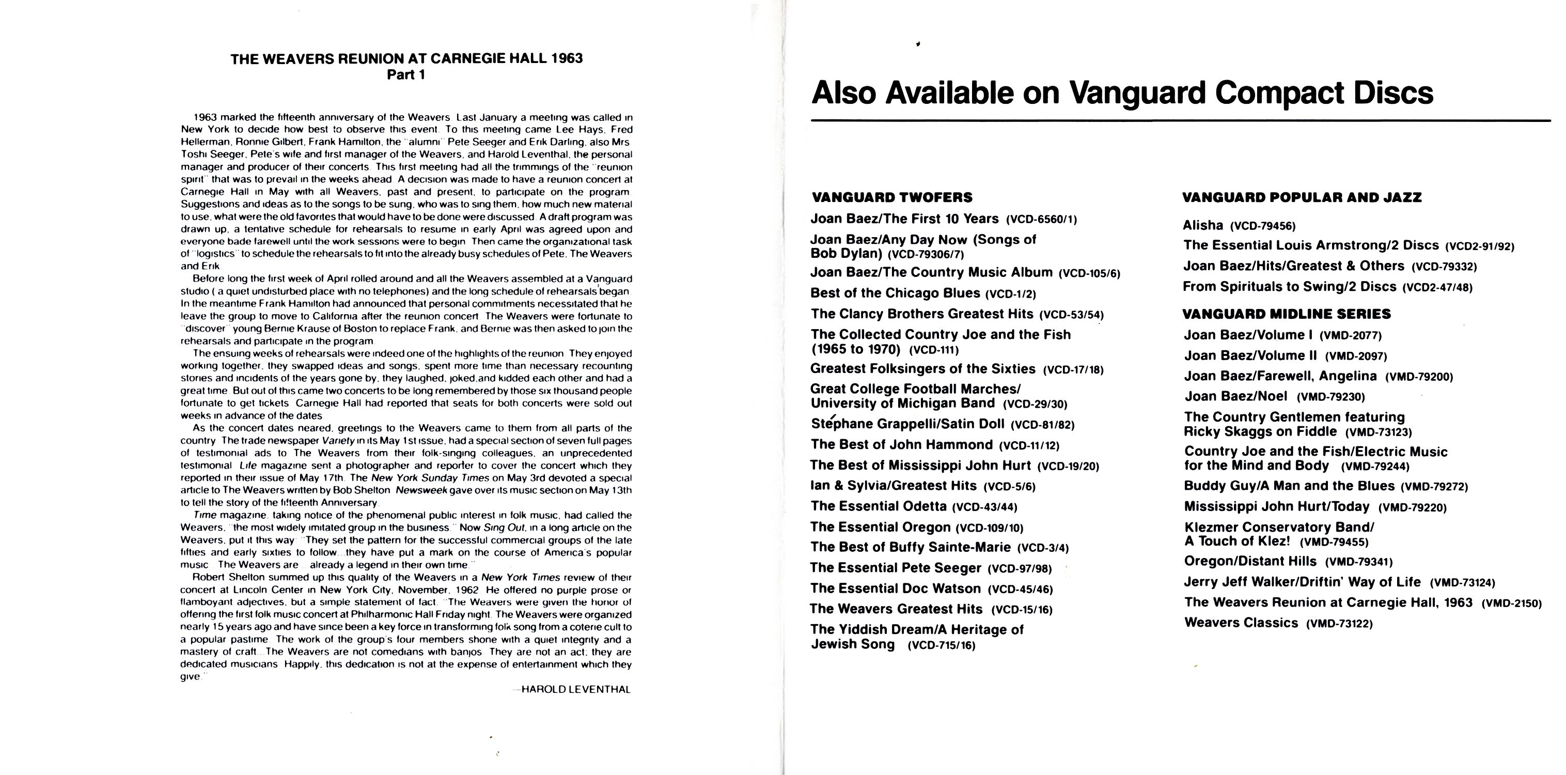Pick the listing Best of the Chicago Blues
[895, 293]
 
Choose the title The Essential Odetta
[878, 506]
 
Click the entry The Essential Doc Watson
[895, 588]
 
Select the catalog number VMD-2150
[1511, 604]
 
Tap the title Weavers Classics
[1241, 622]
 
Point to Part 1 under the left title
[406, 75]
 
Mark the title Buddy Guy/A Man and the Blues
[1289, 486]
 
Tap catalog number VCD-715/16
[941, 645]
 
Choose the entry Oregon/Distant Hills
[1250, 561]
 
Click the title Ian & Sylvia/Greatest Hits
[893, 486]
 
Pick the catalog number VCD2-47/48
[1437, 288]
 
